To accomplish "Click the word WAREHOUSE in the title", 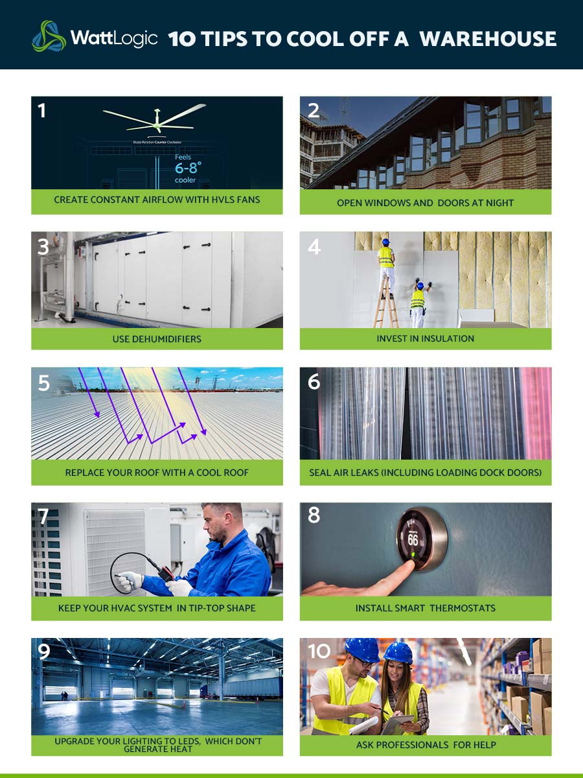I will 488,39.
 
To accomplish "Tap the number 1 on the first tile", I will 42,111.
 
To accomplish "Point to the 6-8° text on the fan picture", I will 188,168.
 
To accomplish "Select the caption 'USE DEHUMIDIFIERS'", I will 157,338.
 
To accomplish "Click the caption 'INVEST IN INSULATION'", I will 425,338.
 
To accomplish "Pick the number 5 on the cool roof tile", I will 43,383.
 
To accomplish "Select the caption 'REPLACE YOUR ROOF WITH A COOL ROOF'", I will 157,473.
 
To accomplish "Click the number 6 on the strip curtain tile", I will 314,382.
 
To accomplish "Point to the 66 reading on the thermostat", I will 413,539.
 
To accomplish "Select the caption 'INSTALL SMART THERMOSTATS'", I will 425,608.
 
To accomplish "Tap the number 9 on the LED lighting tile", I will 43,652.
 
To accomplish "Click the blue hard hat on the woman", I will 397,652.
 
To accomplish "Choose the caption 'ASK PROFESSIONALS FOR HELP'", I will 425,745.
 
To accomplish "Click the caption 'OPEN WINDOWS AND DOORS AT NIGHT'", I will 425,203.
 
